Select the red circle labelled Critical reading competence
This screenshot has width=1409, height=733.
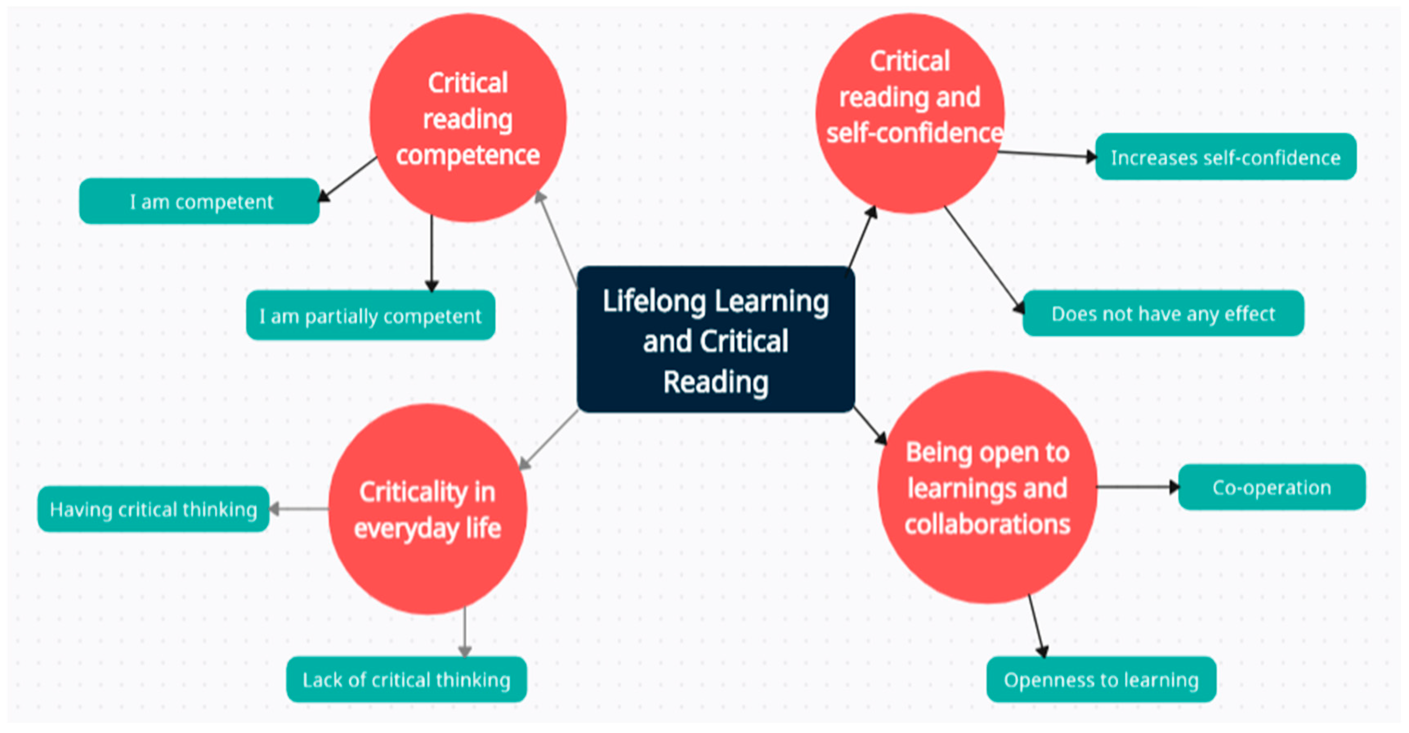[x=468, y=118]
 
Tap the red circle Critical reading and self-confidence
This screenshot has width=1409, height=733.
[x=910, y=113]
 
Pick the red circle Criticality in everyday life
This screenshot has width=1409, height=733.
[x=427, y=509]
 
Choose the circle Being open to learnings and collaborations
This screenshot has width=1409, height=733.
[x=987, y=487]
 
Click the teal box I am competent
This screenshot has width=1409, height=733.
[x=200, y=201]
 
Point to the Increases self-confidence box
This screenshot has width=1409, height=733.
[x=1225, y=157]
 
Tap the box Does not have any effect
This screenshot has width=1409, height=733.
[x=1163, y=313]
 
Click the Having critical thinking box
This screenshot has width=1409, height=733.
[x=153, y=509]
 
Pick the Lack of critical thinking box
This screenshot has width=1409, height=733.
[x=407, y=680]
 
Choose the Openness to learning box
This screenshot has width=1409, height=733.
[x=1101, y=680]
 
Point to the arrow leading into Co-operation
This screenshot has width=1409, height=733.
[x=1138, y=486]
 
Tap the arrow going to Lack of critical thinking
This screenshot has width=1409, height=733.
[x=465, y=632]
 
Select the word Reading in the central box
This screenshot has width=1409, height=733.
[x=715, y=382]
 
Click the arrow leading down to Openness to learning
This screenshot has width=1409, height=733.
[x=1036, y=627]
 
